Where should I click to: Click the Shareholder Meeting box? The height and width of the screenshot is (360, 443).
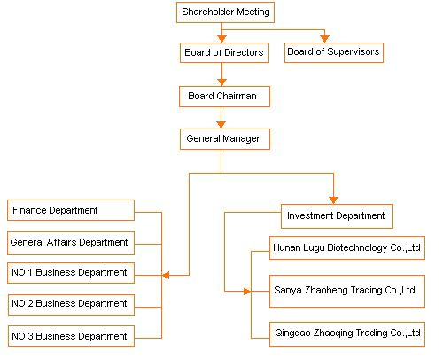coord(225,12)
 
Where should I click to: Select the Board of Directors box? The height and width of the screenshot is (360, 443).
coord(224,52)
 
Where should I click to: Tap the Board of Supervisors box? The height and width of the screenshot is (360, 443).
coord(334,52)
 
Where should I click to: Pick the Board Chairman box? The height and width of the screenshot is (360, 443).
coord(224,97)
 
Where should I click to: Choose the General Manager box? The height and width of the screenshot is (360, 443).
coord(225,139)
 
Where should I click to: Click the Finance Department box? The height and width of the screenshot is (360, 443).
coord(71,210)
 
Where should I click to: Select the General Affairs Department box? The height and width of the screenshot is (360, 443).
coord(71,243)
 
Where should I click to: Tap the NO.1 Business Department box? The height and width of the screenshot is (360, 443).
coord(71,273)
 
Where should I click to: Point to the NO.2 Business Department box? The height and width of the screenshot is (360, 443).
coord(71,305)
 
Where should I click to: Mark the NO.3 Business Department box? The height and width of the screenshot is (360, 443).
coord(71,336)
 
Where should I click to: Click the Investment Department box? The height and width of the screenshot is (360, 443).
coord(337,216)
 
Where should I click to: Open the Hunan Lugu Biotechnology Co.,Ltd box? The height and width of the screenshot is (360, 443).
coord(347,248)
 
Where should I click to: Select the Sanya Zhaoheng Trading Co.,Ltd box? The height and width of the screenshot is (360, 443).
coord(347,292)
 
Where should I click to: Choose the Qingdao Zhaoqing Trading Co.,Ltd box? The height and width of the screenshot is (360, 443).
coord(347,334)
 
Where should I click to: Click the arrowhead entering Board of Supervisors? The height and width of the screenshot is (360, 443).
coord(324,39)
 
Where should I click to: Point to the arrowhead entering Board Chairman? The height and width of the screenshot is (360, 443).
coord(221,82)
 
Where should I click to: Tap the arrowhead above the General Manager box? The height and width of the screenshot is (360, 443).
coord(221,125)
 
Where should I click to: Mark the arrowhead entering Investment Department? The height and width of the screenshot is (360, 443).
coord(333,200)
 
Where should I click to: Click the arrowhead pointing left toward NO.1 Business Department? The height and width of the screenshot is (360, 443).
coord(166,276)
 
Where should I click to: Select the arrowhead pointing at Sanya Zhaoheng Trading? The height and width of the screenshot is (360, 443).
coord(247,292)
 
